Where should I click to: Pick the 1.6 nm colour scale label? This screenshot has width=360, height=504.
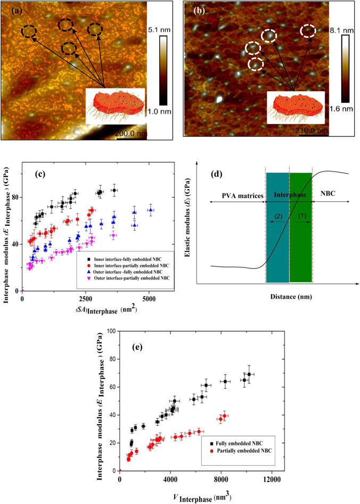(x=344, y=108)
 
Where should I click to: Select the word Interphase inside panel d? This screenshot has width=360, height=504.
(x=289, y=196)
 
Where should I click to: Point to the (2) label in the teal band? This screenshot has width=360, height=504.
(x=277, y=215)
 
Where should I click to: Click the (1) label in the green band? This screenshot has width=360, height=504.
(x=301, y=215)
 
